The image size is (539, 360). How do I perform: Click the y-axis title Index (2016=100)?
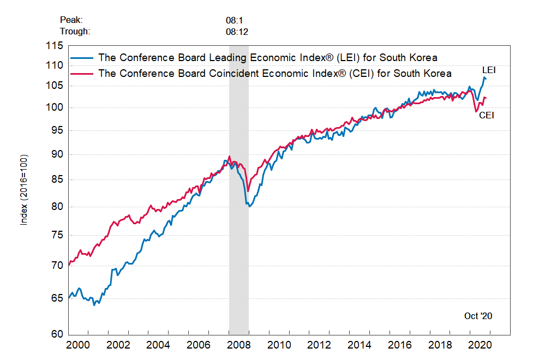[x=24, y=190]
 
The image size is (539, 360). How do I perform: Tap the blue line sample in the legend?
[x=82, y=57]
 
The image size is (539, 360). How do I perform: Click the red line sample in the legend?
[x=82, y=73]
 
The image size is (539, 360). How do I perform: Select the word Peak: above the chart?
[x=71, y=20]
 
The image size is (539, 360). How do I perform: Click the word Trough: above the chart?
[x=75, y=31]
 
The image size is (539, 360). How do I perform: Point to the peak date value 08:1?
[x=233, y=20]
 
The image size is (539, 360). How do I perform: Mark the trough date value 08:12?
[x=237, y=31]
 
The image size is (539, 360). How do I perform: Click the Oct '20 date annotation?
[x=478, y=316]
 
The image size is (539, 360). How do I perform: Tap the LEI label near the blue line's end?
[x=489, y=70]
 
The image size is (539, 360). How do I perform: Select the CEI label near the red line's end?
[x=487, y=116]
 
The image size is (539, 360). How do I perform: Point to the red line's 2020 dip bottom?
[x=477, y=111]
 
